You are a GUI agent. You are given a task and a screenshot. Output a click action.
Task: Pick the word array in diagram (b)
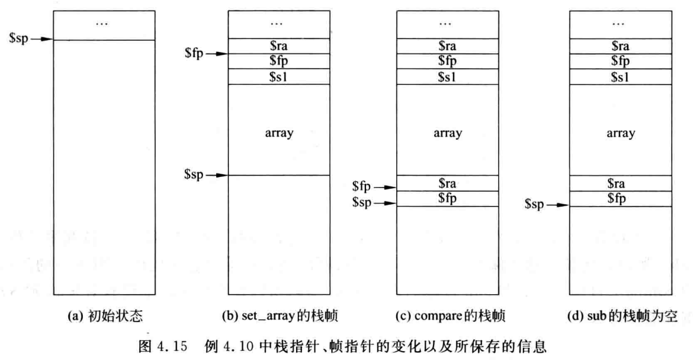278,133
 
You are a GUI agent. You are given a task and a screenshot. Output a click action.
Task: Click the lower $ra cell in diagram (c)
447,183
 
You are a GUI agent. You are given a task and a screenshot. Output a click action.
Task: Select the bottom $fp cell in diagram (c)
447,198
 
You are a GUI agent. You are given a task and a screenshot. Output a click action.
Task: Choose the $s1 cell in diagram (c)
447,76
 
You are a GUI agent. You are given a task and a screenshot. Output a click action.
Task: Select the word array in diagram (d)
620,133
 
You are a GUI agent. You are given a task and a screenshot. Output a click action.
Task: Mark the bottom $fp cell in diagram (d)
620,198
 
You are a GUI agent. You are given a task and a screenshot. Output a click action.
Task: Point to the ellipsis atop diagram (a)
104,23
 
